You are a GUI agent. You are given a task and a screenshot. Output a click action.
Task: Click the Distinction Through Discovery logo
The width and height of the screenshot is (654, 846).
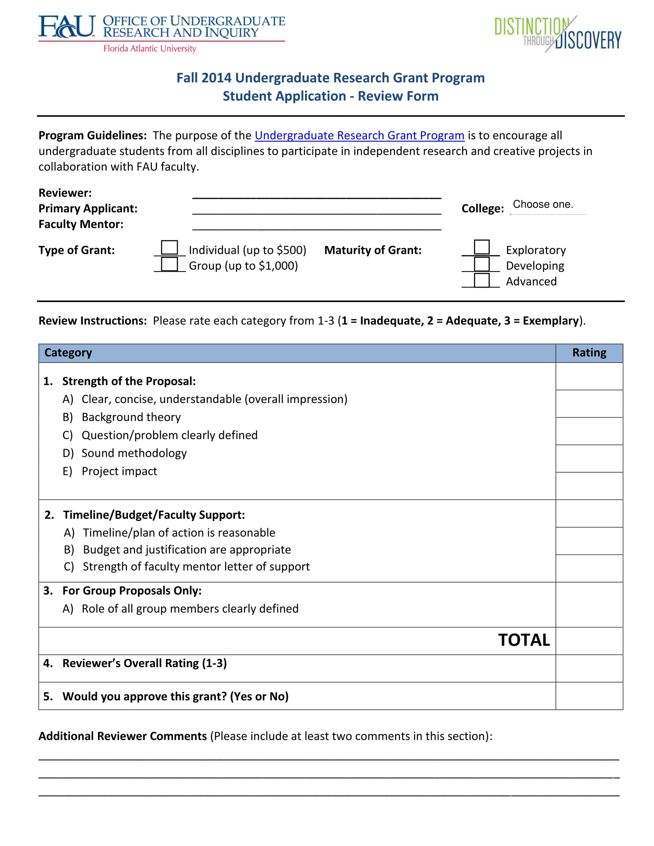coord(557,34)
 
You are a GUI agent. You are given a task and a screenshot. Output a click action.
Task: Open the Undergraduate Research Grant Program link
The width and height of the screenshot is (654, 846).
coord(359,135)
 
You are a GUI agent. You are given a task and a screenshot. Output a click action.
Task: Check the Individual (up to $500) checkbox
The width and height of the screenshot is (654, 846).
coord(169,248)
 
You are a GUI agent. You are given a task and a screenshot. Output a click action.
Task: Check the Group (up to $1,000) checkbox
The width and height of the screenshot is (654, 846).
coord(169,264)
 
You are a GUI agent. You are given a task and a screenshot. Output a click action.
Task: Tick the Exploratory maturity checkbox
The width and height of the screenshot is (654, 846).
coord(482,247)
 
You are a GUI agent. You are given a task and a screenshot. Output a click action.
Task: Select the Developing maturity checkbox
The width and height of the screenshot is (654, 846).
coord(482,264)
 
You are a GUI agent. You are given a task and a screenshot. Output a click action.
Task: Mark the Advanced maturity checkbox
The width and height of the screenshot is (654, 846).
coord(482,280)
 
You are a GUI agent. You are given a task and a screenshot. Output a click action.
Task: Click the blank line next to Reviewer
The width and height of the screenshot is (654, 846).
coord(317,194)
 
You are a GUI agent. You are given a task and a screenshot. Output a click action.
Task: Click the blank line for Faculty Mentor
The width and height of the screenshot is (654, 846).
coord(317,225)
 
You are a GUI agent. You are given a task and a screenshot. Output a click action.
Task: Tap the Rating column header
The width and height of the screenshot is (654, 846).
coord(589,353)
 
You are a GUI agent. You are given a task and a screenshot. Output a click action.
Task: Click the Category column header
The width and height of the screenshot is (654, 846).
coord(68,353)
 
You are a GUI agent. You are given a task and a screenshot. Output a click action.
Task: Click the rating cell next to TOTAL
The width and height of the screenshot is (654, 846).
coord(589,641)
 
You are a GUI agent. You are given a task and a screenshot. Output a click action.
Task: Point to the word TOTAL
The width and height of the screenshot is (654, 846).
coord(524,640)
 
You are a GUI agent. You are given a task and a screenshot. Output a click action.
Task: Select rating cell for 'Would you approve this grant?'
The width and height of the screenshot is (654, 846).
coord(589,696)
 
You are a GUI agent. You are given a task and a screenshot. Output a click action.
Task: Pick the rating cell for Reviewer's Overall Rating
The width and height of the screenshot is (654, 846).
coord(589,668)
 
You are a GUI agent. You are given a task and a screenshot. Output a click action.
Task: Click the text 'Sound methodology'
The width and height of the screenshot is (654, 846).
coord(134,453)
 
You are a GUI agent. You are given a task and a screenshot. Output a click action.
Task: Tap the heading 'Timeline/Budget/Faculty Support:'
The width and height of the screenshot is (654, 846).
coord(154,515)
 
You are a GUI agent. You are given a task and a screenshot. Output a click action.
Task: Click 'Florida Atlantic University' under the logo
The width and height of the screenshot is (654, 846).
coord(150,48)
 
